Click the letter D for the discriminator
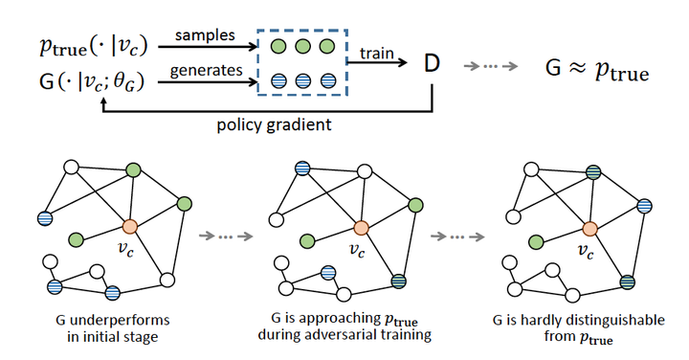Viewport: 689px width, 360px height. (433, 65)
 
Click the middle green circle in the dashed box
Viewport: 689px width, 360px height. (302, 46)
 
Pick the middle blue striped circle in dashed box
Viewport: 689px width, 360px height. (302, 81)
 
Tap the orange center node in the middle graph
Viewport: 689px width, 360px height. (361, 228)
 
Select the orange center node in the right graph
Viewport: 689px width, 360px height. (590, 228)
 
